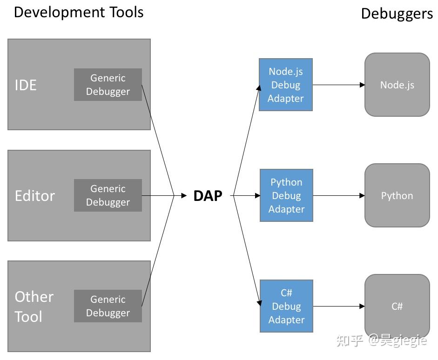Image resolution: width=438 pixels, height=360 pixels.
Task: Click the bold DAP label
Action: coord(208,196)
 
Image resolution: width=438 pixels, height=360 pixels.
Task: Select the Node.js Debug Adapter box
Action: coord(285,85)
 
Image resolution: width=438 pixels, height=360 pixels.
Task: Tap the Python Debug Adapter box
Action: coord(286,195)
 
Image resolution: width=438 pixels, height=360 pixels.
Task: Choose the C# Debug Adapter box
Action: coord(286,306)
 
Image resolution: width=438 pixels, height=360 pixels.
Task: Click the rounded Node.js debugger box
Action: coord(397,85)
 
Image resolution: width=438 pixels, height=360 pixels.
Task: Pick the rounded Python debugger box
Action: coord(397,195)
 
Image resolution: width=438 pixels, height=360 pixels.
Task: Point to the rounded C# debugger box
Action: coord(397,306)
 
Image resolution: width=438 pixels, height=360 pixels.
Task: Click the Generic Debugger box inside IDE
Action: coord(108,85)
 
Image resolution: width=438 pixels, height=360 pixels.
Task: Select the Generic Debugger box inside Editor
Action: coord(108,195)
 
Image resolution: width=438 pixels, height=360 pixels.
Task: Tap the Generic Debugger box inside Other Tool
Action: coord(108,306)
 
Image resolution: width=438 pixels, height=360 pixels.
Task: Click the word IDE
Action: coord(26,85)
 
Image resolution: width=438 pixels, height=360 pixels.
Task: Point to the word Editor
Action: coord(35,196)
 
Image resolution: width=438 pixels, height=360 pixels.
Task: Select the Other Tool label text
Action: coord(34,307)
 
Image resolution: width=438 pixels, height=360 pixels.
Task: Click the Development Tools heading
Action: coord(79,12)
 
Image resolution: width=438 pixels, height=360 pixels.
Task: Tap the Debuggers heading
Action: coord(397,13)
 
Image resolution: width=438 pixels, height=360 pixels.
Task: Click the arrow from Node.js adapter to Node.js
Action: coord(338,85)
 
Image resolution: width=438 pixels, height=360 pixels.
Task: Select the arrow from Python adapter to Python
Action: coord(338,196)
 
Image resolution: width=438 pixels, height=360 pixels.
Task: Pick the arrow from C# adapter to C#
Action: coord(338,307)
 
